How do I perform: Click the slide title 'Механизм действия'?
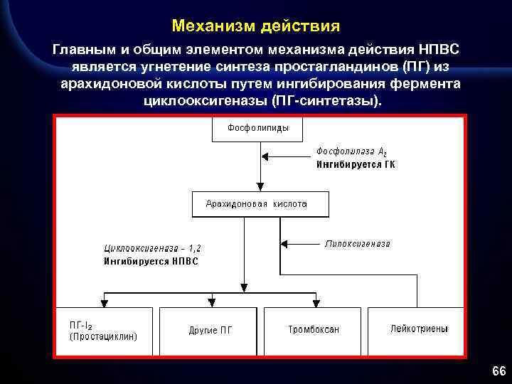(x=256, y=26)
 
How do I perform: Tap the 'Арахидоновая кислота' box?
(x=260, y=204)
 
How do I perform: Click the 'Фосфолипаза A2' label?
(x=351, y=152)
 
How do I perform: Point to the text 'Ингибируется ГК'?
(x=356, y=164)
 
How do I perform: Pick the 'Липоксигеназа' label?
(x=358, y=243)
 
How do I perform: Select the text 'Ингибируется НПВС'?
(x=151, y=261)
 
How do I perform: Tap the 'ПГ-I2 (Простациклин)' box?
(x=104, y=331)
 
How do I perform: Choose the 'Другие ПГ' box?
(x=210, y=330)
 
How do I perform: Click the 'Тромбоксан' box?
(x=314, y=330)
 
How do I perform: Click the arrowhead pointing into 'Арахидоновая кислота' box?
(x=260, y=186)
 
